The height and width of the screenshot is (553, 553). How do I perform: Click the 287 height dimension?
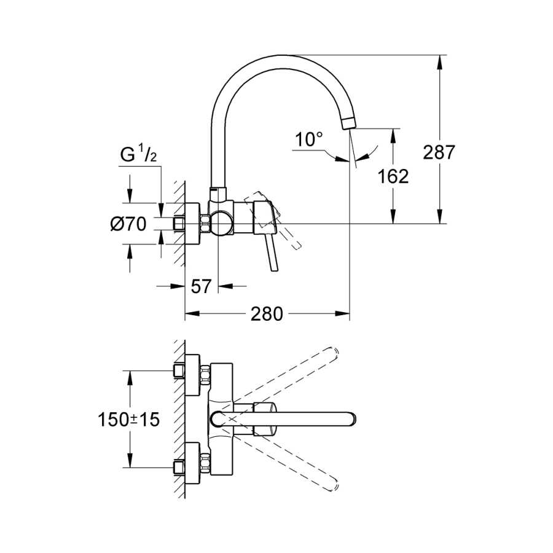click(x=439, y=153)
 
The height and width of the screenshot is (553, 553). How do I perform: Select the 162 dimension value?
click(x=393, y=176)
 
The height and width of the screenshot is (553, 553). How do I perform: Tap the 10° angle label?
click(x=309, y=139)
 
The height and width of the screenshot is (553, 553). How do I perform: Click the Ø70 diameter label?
click(x=128, y=224)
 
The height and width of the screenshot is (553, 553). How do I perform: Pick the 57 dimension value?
click(x=201, y=286)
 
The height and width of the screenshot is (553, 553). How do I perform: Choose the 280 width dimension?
click(x=267, y=313)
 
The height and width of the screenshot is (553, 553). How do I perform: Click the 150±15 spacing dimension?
click(x=129, y=420)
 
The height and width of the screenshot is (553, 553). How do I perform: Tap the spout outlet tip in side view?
click(x=350, y=125)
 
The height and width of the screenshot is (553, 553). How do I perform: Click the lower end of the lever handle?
click(x=275, y=270)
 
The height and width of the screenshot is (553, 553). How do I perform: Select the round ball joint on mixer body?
click(x=221, y=223)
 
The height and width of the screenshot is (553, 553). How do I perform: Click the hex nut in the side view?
click(x=205, y=224)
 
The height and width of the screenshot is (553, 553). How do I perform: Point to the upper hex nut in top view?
click(x=205, y=375)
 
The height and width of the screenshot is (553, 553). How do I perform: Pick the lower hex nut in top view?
click(x=205, y=463)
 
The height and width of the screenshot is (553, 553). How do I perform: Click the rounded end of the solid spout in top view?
click(x=351, y=419)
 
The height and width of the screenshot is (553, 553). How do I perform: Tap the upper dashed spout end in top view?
click(x=333, y=354)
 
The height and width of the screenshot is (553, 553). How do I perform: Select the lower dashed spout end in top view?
click(x=333, y=485)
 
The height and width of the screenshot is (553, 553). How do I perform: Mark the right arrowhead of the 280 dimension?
click(x=342, y=313)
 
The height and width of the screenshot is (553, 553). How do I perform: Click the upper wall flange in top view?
click(x=192, y=375)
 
